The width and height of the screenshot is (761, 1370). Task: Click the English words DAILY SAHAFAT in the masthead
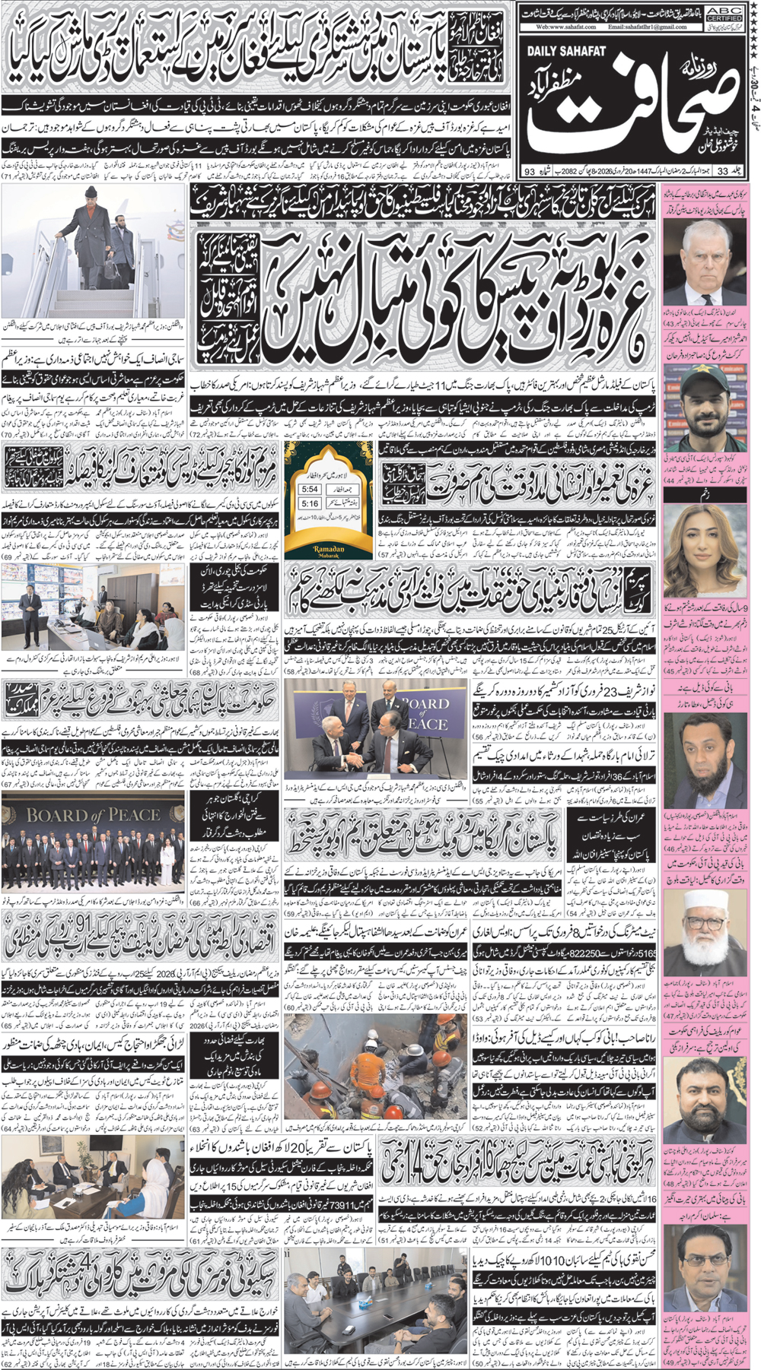566,51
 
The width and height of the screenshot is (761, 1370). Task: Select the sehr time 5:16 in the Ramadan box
310,504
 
